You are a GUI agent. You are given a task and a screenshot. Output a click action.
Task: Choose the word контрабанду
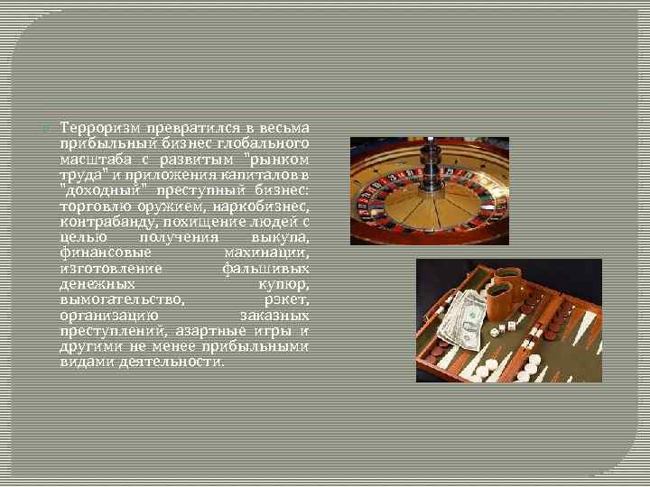coord(102,220)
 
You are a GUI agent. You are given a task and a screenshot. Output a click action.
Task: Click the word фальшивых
coord(266,269)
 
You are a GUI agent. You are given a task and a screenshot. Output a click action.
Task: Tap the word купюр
coord(286,282)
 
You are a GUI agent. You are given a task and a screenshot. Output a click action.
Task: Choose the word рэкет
coord(288,298)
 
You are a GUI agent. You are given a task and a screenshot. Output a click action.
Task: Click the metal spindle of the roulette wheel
coord(434,170)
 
